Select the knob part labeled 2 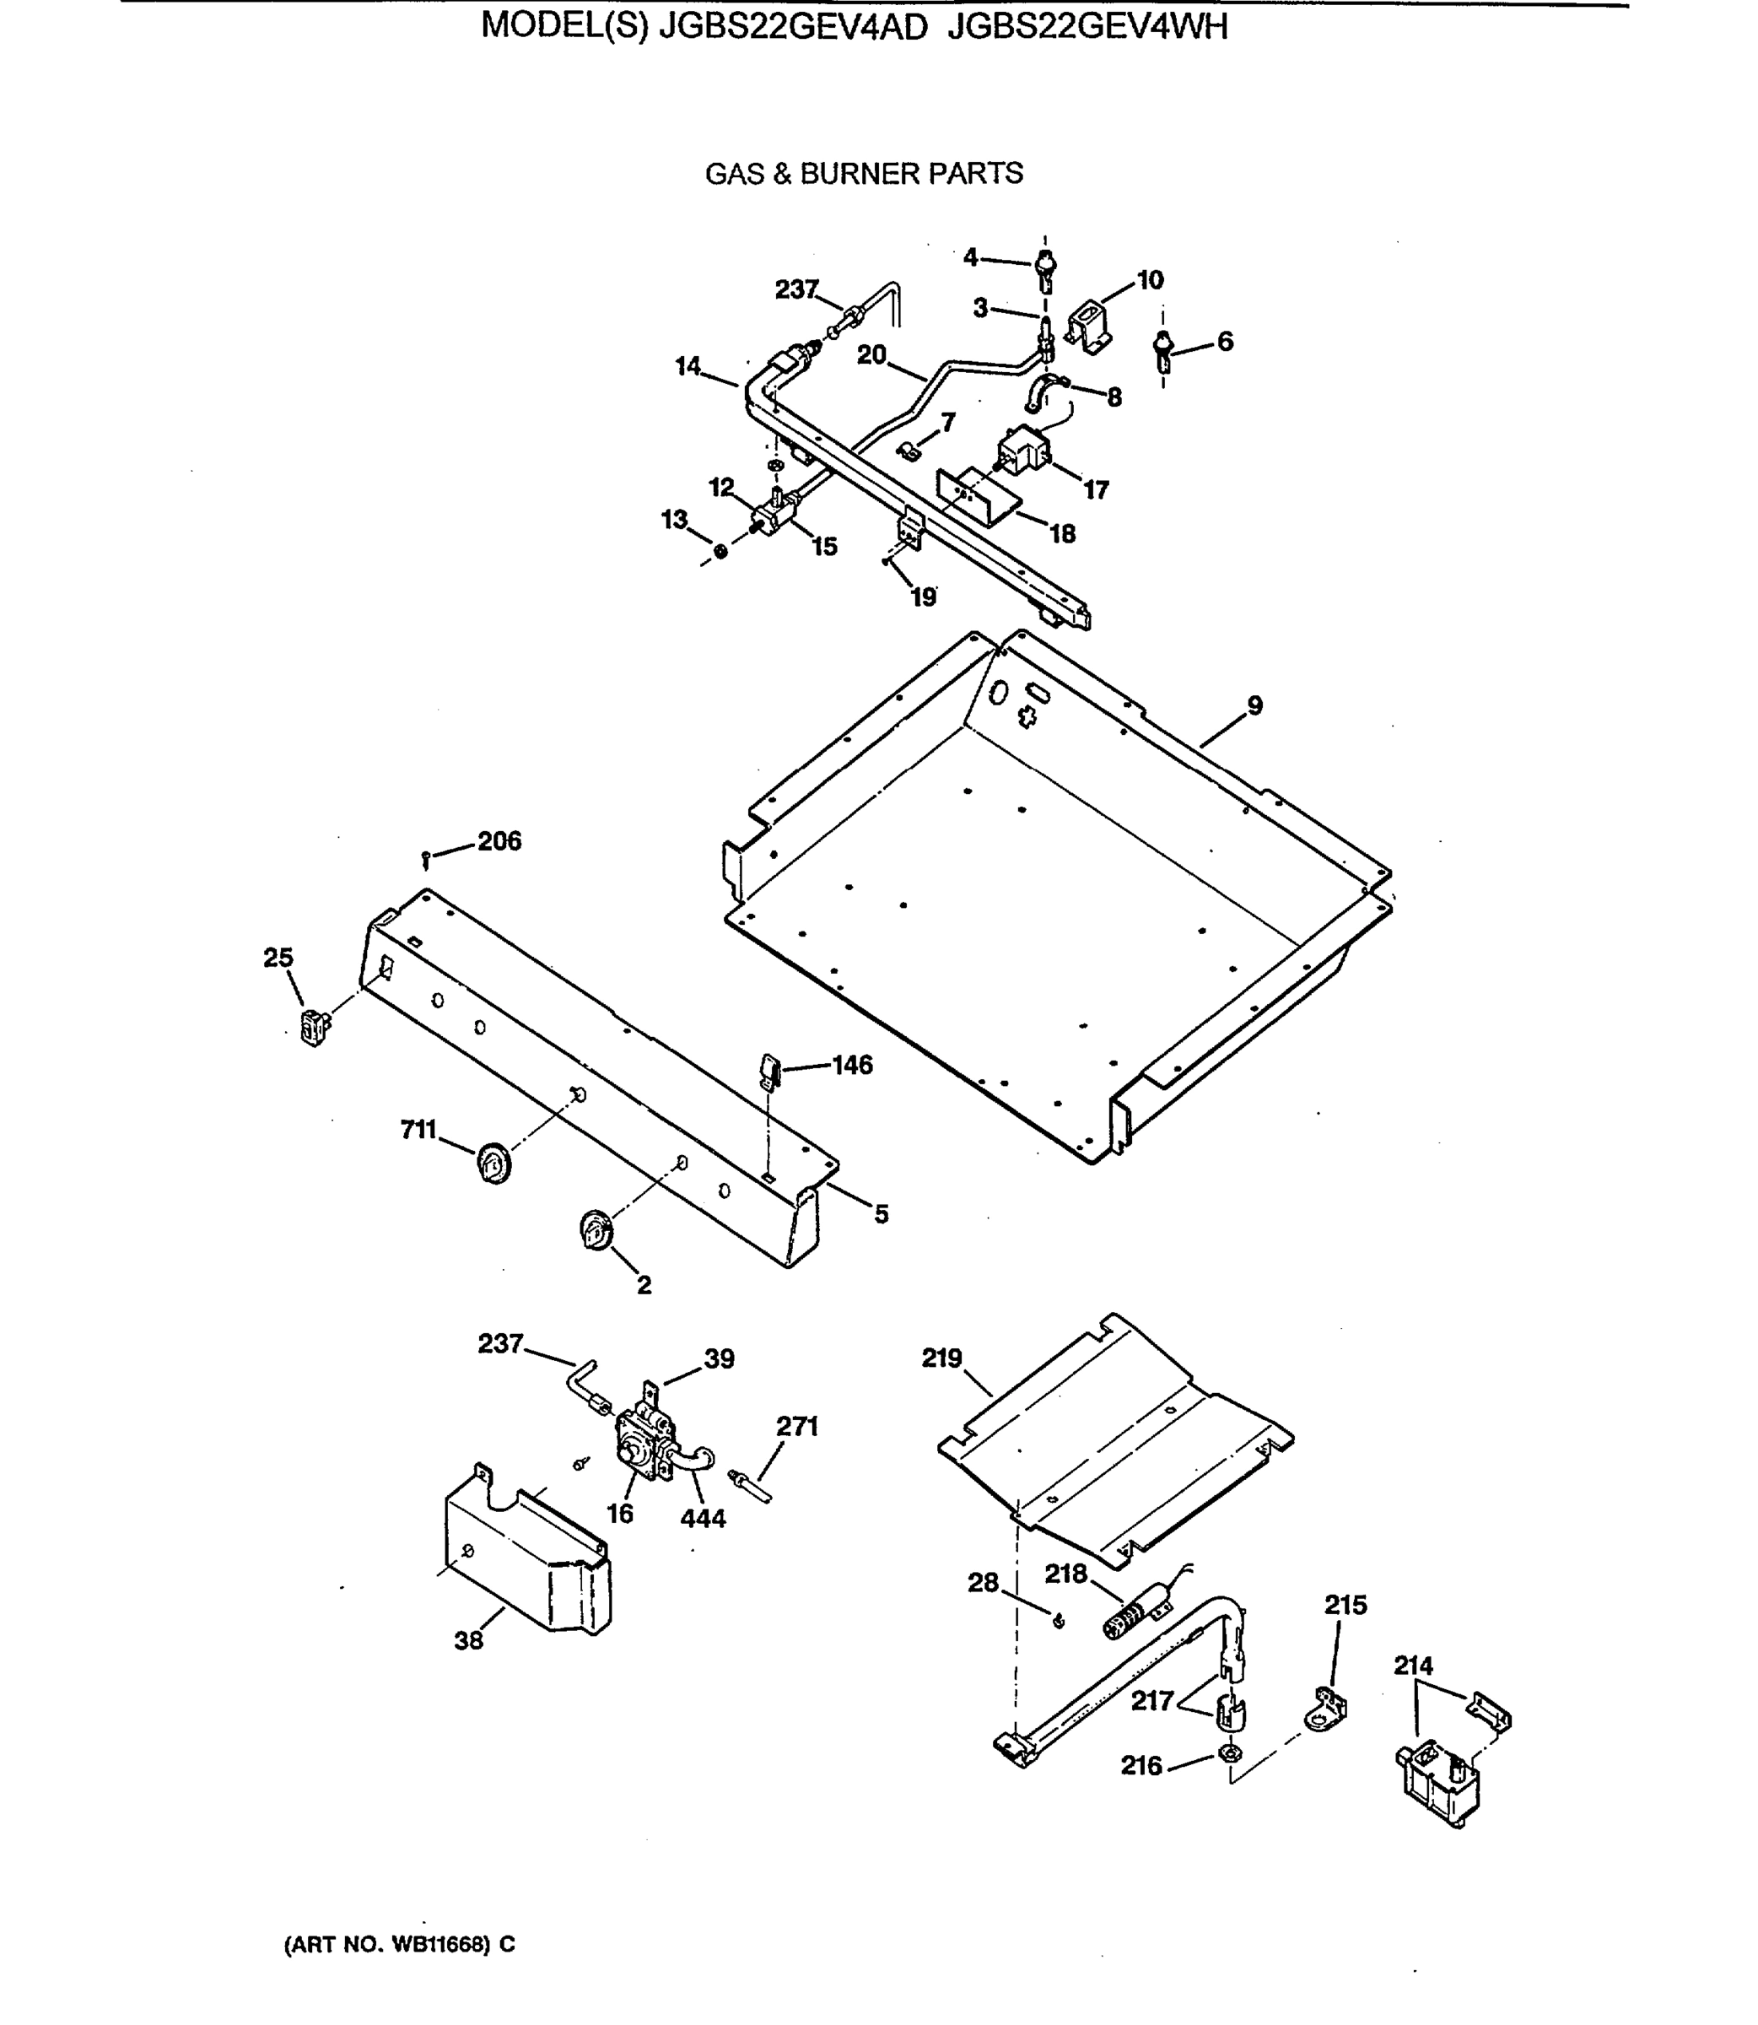pyautogui.click(x=596, y=1230)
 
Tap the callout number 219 pyautogui.click(x=941, y=1358)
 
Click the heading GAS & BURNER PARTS pyautogui.click(x=863, y=174)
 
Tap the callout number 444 pyautogui.click(x=703, y=1519)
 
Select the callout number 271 pyautogui.click(x=796, y=1426)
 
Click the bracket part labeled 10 pyautogui.click(x=1088, y=324)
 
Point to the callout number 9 pyautogui.click(x=1254, y=705)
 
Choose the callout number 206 pyautogui.click(x=499, y=841)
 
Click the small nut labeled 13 pyautogui.click(x=721, y=551)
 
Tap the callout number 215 pyautogui.click(x=1345, y=1605)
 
